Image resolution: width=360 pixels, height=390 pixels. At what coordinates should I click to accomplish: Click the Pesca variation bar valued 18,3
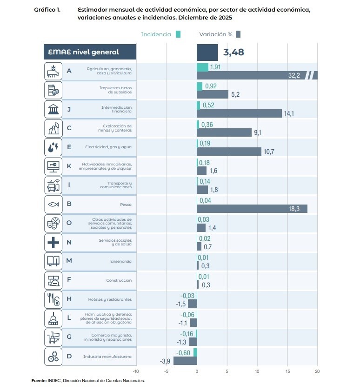(252, 209)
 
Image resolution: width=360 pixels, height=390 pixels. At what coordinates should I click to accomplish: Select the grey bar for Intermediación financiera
(239, 113)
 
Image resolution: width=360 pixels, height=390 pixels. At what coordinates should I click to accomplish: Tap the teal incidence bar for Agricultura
(202, 67)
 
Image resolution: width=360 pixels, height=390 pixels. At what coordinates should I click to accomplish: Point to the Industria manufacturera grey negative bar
(185, 361)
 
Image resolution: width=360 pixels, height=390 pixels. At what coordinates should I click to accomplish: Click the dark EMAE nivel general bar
(207, 52)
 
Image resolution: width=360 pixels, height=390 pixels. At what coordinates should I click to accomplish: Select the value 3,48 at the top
(233, 52)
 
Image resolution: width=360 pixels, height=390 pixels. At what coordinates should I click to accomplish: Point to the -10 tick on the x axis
(136, 371)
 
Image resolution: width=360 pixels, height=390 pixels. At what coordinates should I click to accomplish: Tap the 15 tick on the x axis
(287, 371)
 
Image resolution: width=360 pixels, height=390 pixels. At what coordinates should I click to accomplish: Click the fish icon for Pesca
(53, 204)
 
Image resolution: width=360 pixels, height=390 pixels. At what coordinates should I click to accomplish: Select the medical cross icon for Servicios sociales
(53, 242)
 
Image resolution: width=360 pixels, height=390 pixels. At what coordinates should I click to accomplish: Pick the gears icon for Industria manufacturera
(53, 357)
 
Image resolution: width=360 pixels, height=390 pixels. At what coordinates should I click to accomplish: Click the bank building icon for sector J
(53, 109)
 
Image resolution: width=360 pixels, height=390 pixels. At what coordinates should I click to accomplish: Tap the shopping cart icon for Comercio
(53, 337)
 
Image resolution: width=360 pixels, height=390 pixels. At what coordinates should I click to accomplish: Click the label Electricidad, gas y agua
(108, 147)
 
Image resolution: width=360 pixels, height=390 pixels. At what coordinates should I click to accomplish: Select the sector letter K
(69, 166)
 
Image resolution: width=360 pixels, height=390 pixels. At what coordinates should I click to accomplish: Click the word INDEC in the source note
(54, 381)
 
